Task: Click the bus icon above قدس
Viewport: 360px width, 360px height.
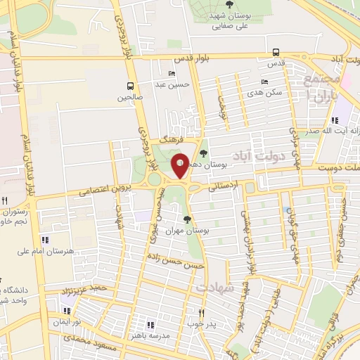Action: click(x=276, y=51)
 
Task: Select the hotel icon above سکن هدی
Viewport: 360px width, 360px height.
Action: click(x=264, y=82)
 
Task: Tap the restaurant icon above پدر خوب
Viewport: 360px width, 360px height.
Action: click(x=200, y=313)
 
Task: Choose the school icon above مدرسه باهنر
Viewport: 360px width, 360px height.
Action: click(x=150, y=324)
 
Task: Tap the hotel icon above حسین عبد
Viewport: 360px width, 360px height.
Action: click(x=172, y=73)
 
